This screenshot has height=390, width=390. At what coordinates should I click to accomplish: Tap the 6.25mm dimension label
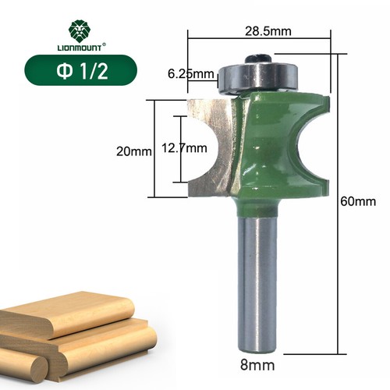[190, 74]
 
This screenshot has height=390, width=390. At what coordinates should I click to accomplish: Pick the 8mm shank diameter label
[257, 364]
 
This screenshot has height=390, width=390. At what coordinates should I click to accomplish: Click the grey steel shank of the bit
[257, 281]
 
